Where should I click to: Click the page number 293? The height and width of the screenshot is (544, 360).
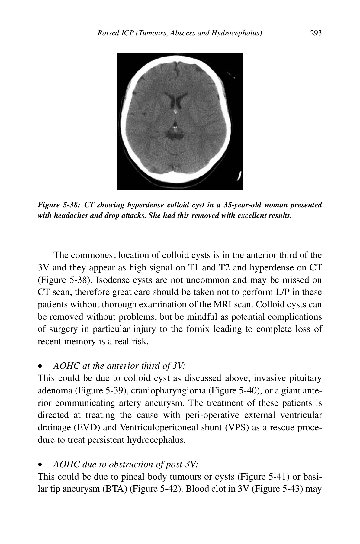pyautogui.click(x=316, y=33)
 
